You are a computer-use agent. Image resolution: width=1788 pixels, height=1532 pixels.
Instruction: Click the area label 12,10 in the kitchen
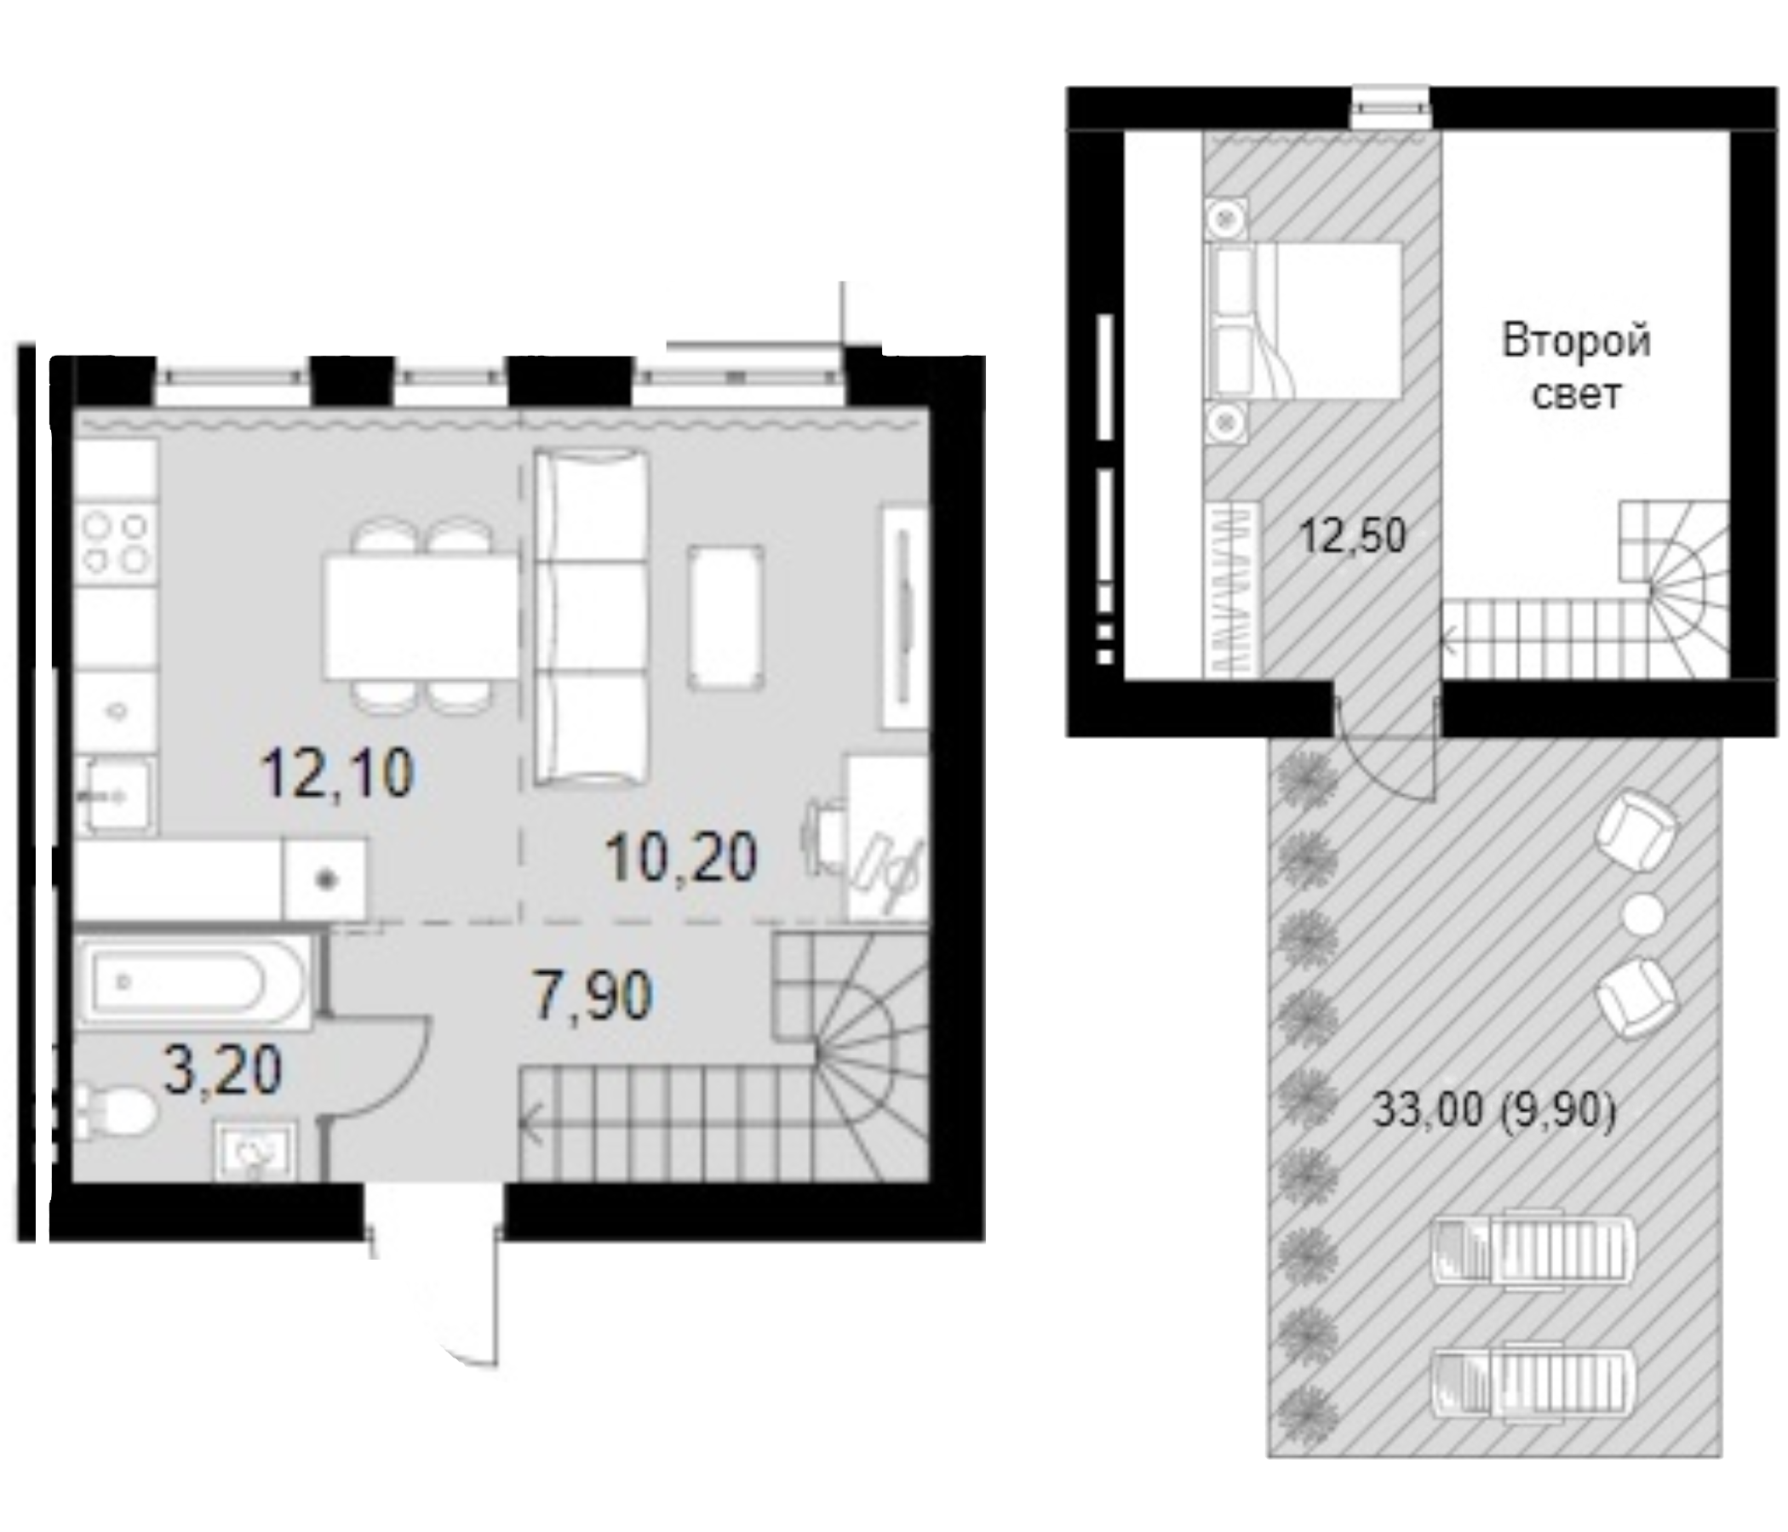pos(339,773)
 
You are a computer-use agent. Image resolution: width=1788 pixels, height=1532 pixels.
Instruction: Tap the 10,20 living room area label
pos(681,858)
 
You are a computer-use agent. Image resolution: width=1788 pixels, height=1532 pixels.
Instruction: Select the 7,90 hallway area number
pos(592,996)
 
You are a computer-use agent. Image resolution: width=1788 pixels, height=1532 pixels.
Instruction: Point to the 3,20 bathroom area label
pos(223,1070)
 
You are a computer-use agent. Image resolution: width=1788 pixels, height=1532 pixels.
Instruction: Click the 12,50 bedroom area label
pos(1352,534)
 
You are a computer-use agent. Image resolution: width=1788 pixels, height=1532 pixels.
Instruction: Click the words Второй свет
pos(1577,368)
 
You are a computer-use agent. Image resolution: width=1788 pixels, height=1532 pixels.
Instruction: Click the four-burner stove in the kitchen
pos(116,544)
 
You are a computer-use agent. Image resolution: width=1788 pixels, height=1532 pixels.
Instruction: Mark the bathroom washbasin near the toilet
pos(256,1152)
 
